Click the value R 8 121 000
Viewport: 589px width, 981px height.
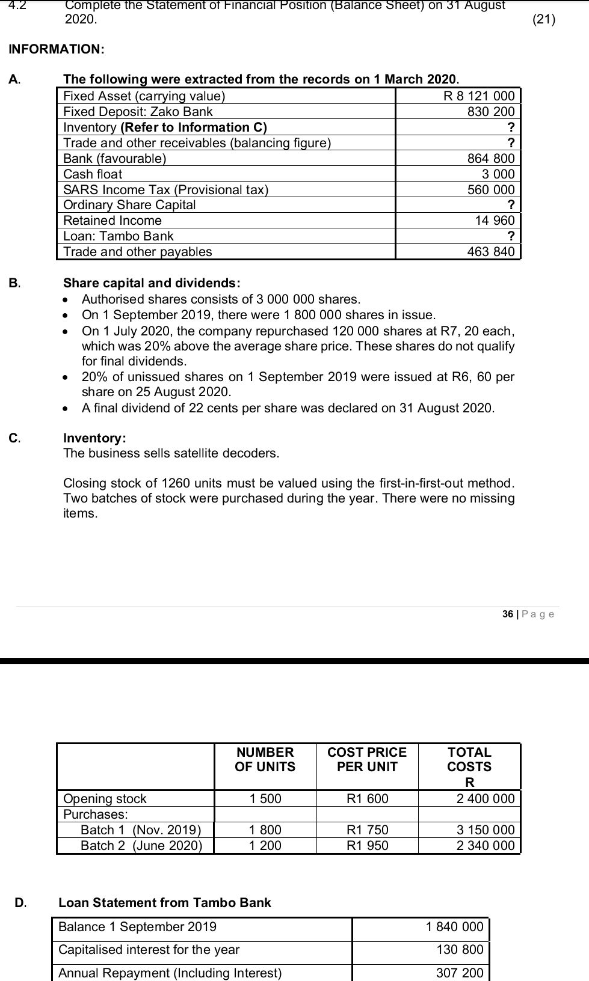click(x=479, y=96)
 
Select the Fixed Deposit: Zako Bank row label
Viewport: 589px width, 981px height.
click(x=138, y=112)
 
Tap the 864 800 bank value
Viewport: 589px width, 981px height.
click(x=491, y=158)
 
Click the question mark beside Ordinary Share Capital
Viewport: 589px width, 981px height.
click(x=511, y=205)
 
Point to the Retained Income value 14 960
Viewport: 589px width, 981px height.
click(x=495, y=221)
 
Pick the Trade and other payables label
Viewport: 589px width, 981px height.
click(x=138, y=252)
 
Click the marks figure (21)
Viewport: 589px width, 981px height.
click(x=544, y=19)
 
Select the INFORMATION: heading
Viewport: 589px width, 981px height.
click(x=57, y=49)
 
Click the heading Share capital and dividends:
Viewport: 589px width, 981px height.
click(x=152, y=283)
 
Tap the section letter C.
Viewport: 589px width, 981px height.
click(x=14, y=438)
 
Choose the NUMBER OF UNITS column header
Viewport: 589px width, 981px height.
click(x=265, y=759)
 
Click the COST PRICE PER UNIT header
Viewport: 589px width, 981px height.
click(x=367, y=759)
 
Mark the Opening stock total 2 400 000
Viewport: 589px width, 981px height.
click(x=486, y=799)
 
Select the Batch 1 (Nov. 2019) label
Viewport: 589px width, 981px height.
click(x=141, y=830)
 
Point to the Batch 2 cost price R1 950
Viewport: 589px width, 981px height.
click(x=368, y=846)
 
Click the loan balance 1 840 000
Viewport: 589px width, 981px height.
click(x=454, y=927)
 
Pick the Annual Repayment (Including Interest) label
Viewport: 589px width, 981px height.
click(x=170, y=973)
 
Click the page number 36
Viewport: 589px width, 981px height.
click(x=508, y=614)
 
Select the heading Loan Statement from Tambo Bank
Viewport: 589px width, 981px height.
click(x=165, y=903)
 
